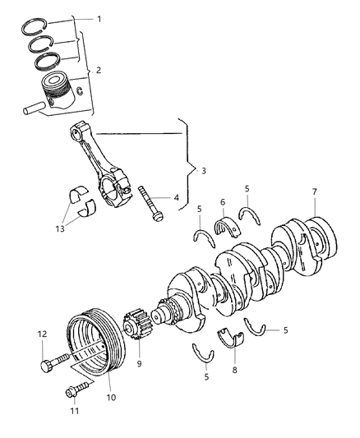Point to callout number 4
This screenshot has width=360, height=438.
coord(175,197)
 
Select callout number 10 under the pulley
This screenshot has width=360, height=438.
coord(111,398)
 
